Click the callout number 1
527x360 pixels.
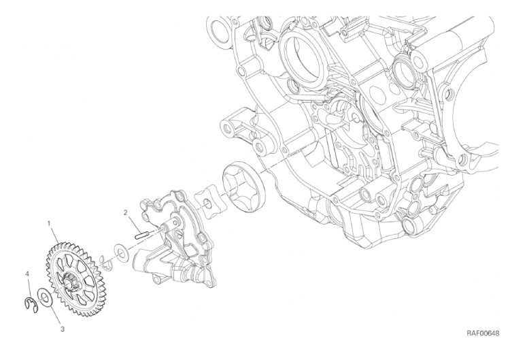(50, 223)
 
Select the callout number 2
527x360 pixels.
(125, 212)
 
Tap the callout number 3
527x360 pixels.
(62, 329)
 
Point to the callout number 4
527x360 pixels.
(28, 274)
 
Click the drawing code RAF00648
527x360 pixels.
(482, 333)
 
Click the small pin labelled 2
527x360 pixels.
(141, 234)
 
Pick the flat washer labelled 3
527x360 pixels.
(44, 297)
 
